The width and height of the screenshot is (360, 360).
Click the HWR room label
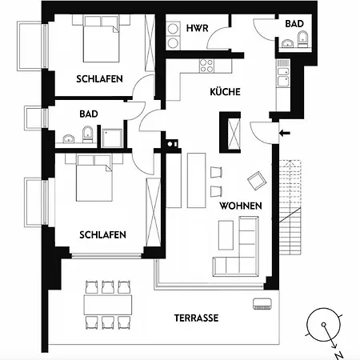(x=197, y=28)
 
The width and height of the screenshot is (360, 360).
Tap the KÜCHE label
(x=225, y=91)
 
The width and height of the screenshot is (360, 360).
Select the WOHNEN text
(x=241, y=206)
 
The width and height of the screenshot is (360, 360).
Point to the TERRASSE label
(x=196, y=318)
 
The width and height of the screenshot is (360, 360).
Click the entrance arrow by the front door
(x=285, y=133)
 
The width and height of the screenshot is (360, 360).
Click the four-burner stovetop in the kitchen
(x=206, y=66)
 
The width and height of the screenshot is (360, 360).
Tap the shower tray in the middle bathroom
(x=112, y=138)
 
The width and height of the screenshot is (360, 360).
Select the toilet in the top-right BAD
(x=302, y=39)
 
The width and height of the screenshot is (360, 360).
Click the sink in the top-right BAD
(x=287, y=43)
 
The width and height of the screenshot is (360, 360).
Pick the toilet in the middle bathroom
(x=87, y=134)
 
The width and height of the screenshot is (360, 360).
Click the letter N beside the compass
(x=338, y=355)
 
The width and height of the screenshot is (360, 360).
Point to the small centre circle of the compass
(x=323, y=325)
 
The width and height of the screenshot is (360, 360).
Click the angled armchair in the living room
(x=257, y=181)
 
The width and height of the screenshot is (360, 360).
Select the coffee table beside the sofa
(x=226, y=235)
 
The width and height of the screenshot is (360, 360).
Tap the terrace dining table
(x=108, y=305)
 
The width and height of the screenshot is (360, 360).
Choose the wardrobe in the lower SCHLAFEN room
(x=154, y=212)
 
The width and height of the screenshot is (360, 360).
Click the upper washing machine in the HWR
(x=173, y=29)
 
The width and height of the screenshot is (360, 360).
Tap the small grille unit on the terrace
(x=262, y=304)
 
